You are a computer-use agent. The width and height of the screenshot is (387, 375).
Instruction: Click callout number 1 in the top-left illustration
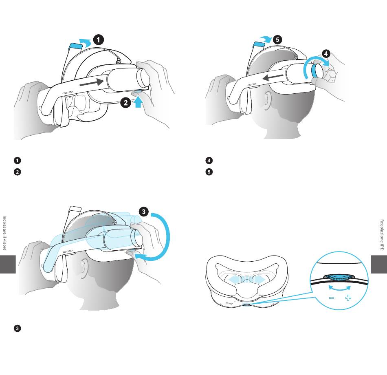pyautogui.click(x=99, y=40)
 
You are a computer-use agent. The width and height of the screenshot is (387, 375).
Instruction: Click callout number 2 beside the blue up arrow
pyautogui.click(x=125, y=103)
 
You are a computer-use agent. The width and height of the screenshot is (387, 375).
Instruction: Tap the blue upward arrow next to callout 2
pyautogui.click(x=139, y=101)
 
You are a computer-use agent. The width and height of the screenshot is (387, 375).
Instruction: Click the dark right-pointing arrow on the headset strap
pyautogui.click(x=92, y=82)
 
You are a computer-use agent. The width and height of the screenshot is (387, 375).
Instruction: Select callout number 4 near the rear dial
pyautogui.click(x=326, y=54)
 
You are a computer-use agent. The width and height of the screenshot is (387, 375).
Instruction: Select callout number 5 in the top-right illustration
pyautogui.click(x=278, y=40)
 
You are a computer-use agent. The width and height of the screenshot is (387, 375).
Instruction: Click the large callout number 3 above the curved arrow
pyautogui.click(x=144, y=212)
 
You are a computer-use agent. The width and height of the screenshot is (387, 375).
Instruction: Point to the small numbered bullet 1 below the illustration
pyautogui.click(x=17, y=160)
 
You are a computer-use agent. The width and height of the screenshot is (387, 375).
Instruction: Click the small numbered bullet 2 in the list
pyautogui.click(x=17, y=172)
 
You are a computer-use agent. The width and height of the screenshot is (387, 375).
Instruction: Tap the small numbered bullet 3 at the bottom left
pyautogui.click(x=17, y=328)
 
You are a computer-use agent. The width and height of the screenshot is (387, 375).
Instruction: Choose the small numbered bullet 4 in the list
pyautogui.click(x=209, y=160)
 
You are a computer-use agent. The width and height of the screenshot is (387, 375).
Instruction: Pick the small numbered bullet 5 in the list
pyautogui.click(x=209, y=172)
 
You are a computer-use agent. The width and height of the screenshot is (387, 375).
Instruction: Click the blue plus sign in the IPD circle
pyautogui.click(x=348, y=298)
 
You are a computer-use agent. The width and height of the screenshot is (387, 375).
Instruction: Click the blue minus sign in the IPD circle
pyautogui.click(x=332, y=298)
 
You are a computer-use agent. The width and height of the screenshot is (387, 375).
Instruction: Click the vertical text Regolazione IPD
pyautogui.click(x=382, y=235)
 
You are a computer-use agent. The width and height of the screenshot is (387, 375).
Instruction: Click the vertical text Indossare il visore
pyautogui.click(x=4, y=233)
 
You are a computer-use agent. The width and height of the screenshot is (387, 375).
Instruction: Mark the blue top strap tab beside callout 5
pyautogui.click(x=259, y=44)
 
